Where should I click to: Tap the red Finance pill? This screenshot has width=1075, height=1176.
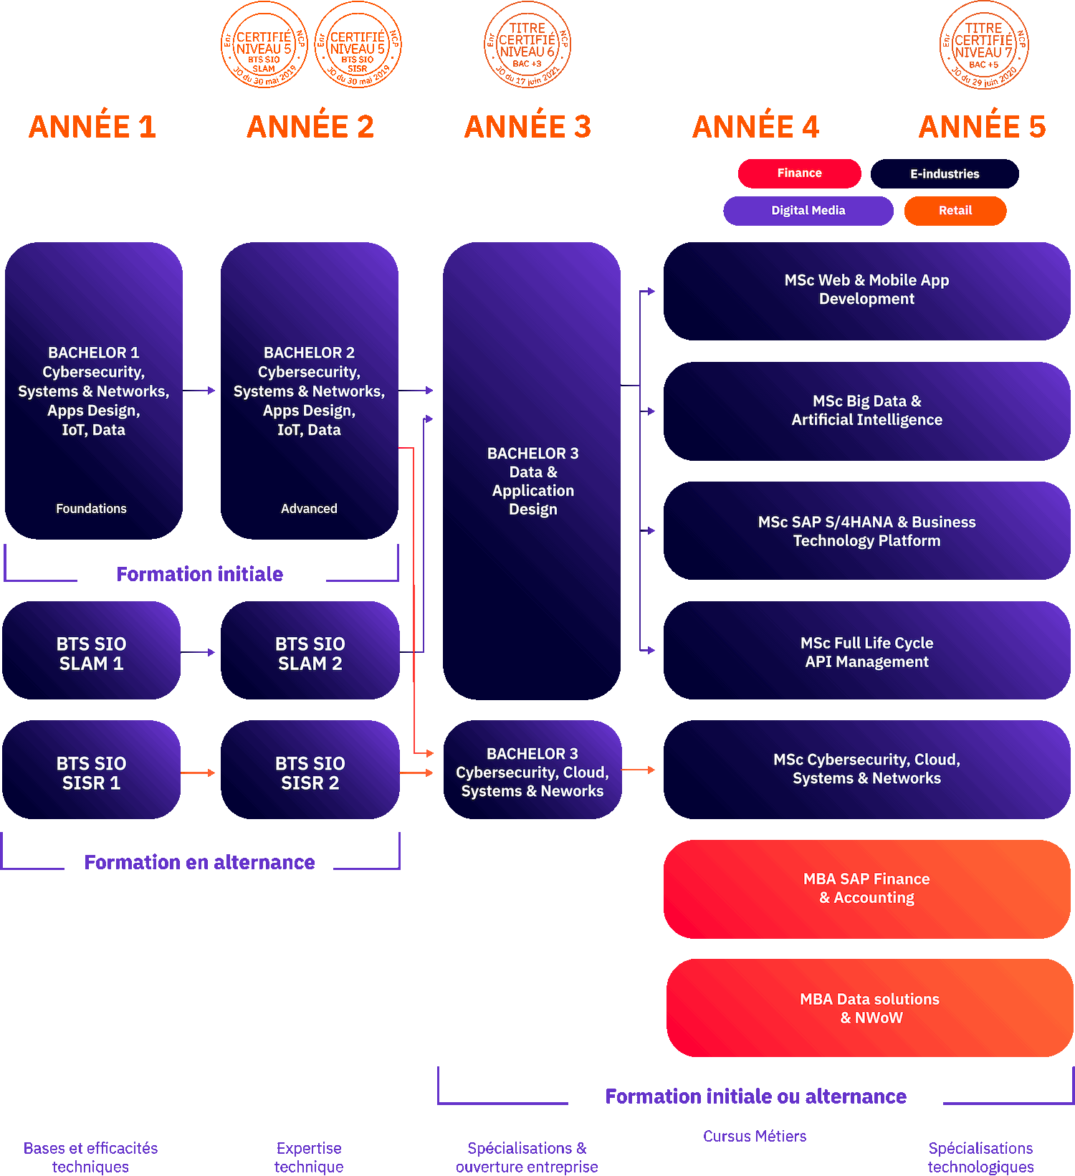click(799, 173)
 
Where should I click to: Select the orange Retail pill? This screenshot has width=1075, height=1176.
click(955, 211)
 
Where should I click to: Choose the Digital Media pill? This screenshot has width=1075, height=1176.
click(808, 211)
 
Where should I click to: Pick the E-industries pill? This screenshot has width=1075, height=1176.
click(945, 173)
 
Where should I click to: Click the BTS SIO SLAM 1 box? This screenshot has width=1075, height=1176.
click(91, 651)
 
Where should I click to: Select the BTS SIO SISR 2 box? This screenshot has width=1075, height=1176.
click(310, 770)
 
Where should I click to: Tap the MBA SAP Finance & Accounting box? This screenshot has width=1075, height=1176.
click(867, 889)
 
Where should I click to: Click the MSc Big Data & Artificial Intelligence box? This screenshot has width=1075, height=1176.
click(867, 411)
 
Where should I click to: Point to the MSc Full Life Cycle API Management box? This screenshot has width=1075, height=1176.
click(867, 651)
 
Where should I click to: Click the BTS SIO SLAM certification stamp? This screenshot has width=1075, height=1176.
click(264, 45)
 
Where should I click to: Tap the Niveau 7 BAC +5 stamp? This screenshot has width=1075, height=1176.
click(983, 45)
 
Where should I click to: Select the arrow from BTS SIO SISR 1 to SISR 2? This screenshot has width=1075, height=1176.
click(198, 773)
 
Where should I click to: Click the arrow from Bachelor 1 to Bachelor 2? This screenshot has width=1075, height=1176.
click(199, 391)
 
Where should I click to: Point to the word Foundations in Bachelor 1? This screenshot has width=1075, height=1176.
click(91, 509)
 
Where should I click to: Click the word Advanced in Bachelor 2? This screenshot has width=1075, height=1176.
click(309, 509)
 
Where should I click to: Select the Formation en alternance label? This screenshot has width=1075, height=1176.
click(199, 862)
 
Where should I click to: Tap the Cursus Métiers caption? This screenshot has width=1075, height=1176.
click(755, 1136)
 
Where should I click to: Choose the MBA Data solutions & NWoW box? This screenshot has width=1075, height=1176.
click(869, 1008)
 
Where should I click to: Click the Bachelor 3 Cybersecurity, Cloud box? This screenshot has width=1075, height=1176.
click(532, 770)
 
